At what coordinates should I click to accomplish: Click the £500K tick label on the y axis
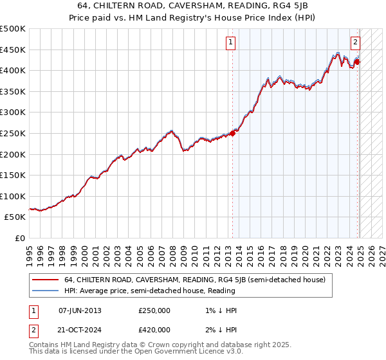pyautogui.click(x=13, y=29)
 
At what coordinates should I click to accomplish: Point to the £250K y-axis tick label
pyautogui.click(x=13, y=133)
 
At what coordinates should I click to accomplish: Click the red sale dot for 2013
pyautogui.click(x=232, y=133)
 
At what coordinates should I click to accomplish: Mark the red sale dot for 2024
pyautogui.click(x=357, y=62)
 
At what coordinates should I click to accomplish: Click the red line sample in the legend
pyautogui.click(x=45, y=280)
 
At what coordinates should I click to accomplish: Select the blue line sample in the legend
pyautogui.click(x=45, y=291)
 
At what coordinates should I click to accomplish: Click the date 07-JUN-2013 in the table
pyautogui.click(x=80, y=310)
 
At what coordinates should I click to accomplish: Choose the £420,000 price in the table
pyautogui.click(x=154, y=330)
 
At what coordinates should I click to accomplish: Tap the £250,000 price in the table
pyautogui.click(x=154, y=310)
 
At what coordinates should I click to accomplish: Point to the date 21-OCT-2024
pyautogui.click(x=80, y=330)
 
